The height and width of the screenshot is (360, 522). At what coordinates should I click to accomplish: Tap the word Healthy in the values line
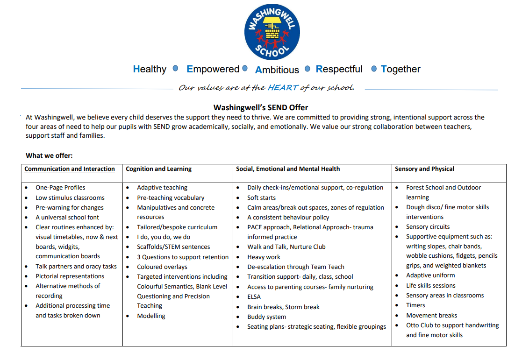coord(150,69)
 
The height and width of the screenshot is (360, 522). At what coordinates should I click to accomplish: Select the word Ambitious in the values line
coord(277,70)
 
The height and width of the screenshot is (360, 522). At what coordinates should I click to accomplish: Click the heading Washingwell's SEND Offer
coord(261,108)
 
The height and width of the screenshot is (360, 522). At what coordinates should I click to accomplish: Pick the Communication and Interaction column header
coord(70,169)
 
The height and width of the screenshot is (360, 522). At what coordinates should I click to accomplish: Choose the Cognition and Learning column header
coord(158,169)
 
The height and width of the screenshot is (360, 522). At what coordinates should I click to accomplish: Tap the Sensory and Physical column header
coord(424,169)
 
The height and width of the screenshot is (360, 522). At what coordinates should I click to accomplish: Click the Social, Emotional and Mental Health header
coord(288,169)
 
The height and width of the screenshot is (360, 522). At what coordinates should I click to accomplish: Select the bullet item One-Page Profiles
coord(60,188)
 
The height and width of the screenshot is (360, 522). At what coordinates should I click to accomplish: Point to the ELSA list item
coord(254,297)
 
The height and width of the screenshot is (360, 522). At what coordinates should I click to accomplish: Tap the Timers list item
coord(415,305)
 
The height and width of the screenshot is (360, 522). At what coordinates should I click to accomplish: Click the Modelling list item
coord(151,316)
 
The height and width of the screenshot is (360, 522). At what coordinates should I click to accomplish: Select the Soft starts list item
coord(261,198)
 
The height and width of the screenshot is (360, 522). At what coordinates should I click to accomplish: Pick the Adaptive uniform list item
coord(430,275)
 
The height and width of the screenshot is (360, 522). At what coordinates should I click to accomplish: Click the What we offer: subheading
coord(49,155)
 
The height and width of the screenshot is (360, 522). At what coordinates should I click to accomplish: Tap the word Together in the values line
coord(400,69)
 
